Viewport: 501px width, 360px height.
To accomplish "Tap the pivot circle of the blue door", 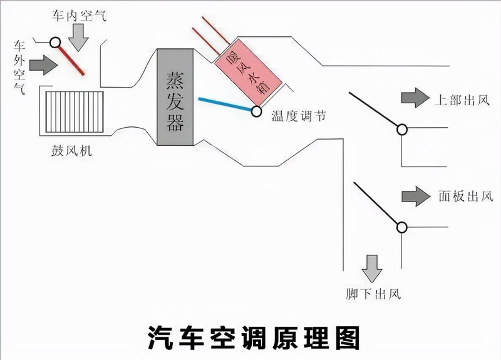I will [x=257, y=112].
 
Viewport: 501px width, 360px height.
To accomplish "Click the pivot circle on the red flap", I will [x=55, y=43].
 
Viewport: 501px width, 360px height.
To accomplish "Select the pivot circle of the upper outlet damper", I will [x=401, y=129].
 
